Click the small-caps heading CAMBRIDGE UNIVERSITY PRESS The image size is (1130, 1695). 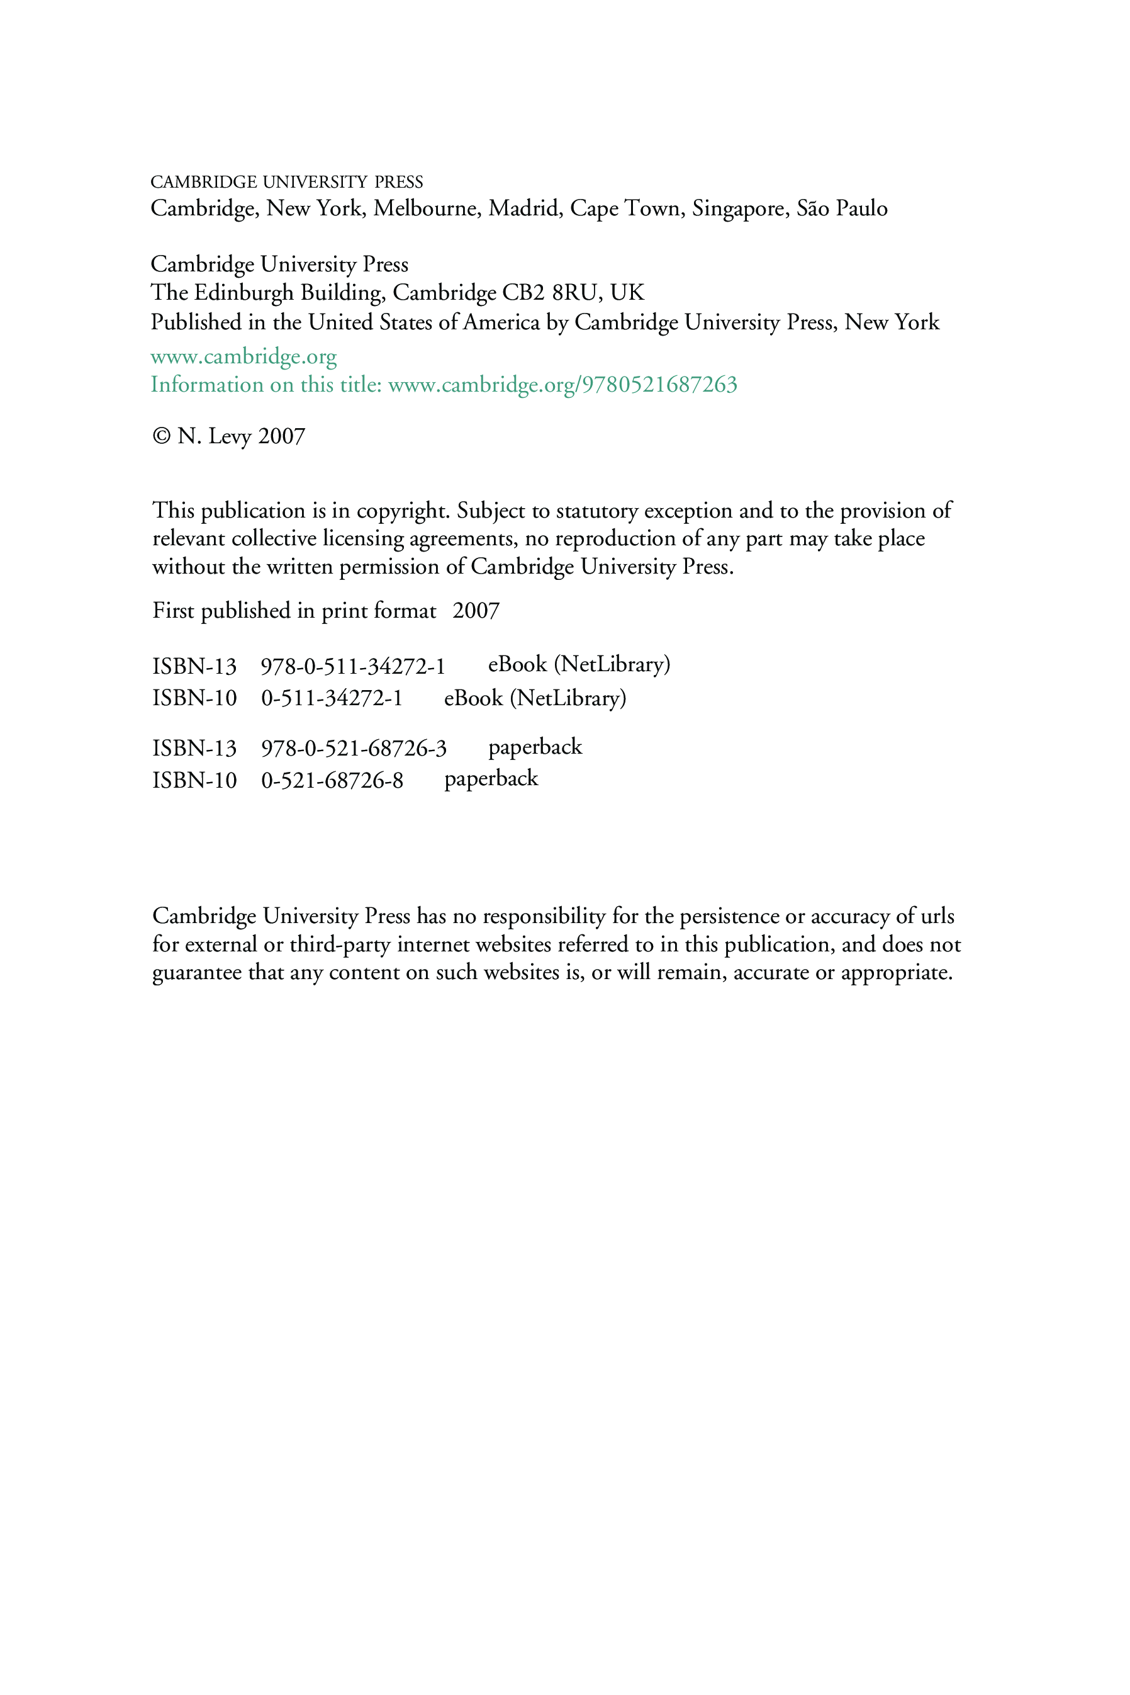[286, 182]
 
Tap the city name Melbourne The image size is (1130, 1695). [425, 208]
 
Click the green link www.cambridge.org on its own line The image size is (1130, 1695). [243, 356]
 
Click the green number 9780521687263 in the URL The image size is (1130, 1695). [659, 384]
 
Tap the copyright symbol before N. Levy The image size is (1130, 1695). [160, 436]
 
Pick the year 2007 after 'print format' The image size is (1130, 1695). [476, 611]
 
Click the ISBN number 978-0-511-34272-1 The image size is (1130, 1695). [352, 666]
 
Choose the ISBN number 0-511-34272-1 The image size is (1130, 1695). [332, 698]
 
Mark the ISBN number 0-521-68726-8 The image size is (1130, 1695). [332, 780]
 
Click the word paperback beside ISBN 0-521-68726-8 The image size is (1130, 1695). [491, 779]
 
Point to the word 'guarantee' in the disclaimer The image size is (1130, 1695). [197, 973]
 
